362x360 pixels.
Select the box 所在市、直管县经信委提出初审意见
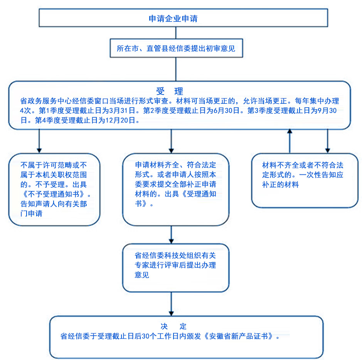coord(176,49)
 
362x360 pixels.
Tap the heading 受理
coord(169,91)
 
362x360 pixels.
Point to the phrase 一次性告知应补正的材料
coord(303,179)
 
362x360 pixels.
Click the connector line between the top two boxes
coord(176,33)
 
